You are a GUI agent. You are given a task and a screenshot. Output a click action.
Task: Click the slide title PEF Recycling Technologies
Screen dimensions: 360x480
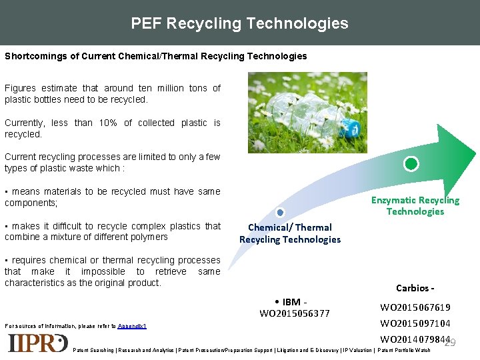click(x=239, y=23)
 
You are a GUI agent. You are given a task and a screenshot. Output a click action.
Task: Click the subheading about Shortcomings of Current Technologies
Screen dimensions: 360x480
click(x=155, y=56)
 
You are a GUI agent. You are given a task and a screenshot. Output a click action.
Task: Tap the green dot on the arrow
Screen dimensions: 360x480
click(x=412, y=163)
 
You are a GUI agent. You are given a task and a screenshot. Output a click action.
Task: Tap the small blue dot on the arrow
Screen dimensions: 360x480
click(x=280, y=213)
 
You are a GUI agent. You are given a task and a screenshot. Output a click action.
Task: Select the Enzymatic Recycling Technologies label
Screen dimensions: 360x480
click(x=415, y=205)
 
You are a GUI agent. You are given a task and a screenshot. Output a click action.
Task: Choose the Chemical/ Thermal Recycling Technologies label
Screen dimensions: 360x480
click(x=289, y=233)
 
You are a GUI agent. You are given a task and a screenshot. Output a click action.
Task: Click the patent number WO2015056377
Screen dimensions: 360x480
click(x=294, y=313)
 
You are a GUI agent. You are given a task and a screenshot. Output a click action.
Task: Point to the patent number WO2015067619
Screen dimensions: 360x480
click(x=415, y=307)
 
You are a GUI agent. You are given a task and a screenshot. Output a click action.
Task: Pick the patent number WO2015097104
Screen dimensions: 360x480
click(x=415, y=323)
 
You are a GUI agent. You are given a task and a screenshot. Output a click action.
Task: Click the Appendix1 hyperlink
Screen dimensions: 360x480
click(x=132, y=327)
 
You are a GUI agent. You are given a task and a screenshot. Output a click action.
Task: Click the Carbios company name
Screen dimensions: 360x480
click(x=415, y=288)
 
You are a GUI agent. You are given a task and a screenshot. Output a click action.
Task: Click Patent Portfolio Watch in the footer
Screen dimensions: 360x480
click(x=404, y=350)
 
